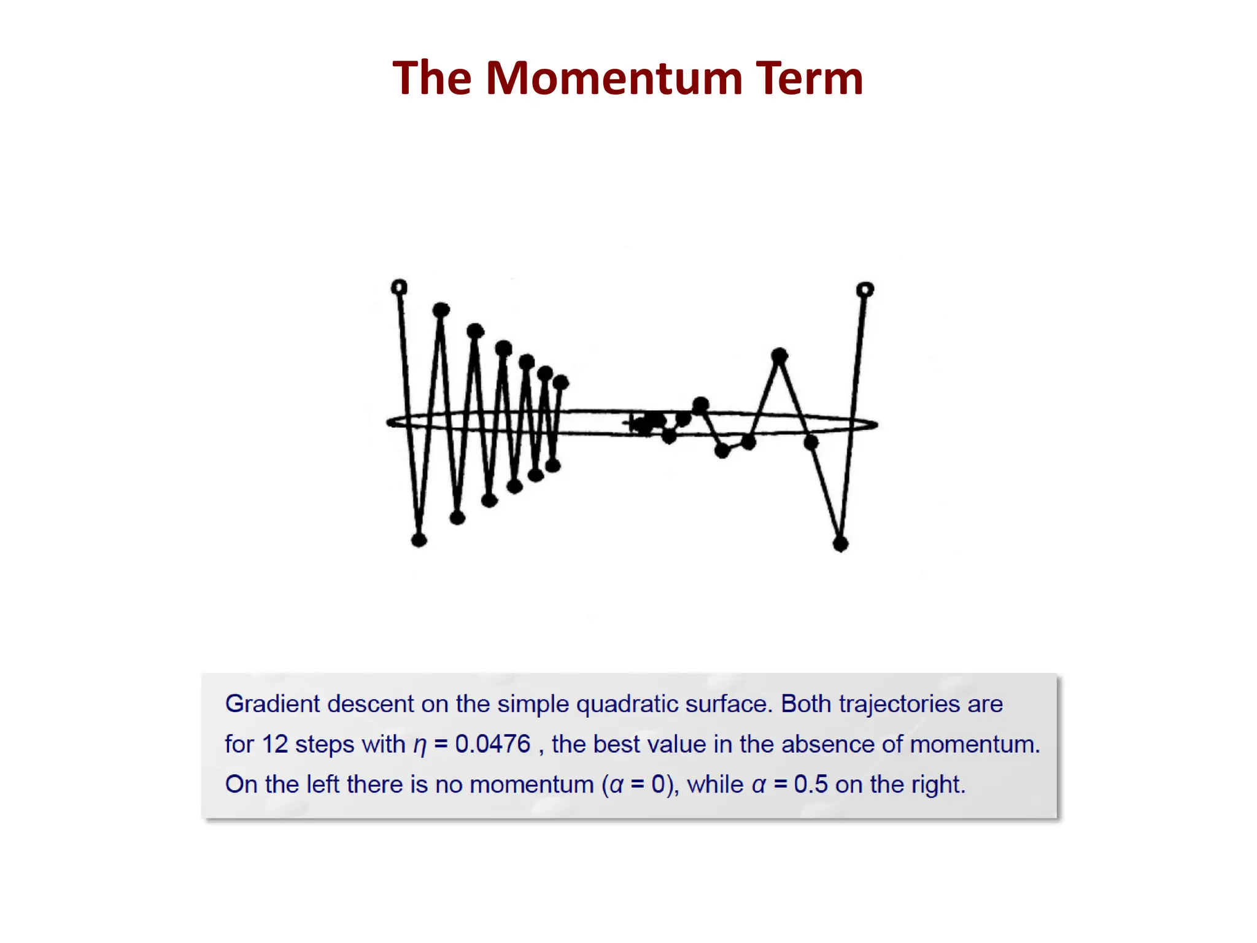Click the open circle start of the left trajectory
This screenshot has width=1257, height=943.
[x=399, y=287]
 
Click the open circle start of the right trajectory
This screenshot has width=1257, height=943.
[x=865, y=289]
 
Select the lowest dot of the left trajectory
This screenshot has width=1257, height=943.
[x=419, y=540]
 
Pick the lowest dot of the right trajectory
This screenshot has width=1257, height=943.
[x=840, y=543]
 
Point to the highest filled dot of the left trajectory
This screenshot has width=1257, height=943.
[x=441, y=310]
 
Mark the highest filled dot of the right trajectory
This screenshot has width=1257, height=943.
[x=779, y=355]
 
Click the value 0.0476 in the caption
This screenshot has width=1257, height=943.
[x=492, y=744]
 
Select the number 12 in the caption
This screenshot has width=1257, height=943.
[x=274, y=744]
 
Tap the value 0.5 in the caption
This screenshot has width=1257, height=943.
[x=810, y=785]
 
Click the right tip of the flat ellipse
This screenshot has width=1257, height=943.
[x=876, y=424]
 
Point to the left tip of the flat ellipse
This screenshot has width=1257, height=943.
[x=388, y=422]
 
